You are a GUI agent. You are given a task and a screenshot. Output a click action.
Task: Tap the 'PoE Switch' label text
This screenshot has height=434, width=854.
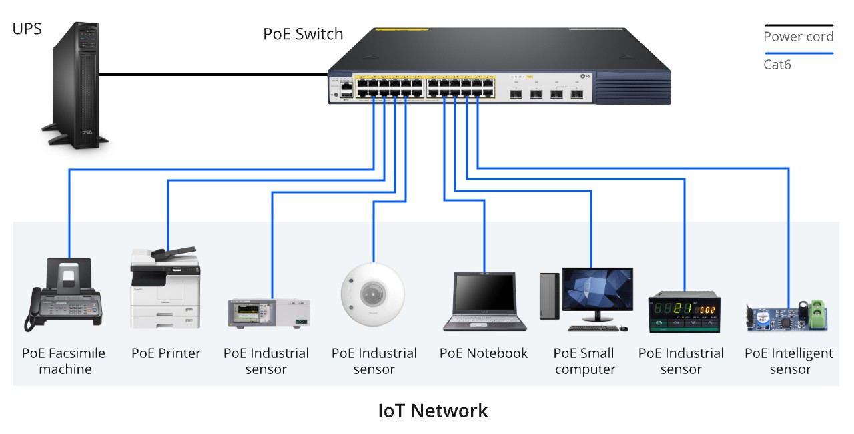pos(303,34)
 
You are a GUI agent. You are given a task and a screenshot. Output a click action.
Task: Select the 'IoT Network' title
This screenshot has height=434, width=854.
pos(433,410)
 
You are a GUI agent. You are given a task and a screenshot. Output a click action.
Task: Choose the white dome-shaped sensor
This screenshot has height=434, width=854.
pos(372,293)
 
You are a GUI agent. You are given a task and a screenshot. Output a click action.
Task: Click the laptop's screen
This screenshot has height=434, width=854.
pos(484,294)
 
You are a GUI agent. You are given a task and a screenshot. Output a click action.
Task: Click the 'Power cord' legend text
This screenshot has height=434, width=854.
pos(799,37)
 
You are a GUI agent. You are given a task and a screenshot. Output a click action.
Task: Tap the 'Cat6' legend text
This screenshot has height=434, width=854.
pos(777,65)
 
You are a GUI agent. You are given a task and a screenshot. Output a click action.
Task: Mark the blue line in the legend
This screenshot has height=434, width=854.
pos(799,53)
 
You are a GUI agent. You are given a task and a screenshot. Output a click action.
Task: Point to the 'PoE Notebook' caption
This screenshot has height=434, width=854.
pos(484,353)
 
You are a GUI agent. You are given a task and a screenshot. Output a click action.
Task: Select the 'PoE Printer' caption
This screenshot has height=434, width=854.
pos(166,353)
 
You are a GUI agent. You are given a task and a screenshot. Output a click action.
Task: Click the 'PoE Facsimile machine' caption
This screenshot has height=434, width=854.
pos(64,361)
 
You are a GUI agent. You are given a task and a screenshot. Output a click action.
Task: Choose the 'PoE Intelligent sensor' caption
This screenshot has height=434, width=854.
pos(789,361)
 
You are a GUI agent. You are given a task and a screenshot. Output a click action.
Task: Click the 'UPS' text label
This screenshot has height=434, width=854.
pos(27,29)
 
